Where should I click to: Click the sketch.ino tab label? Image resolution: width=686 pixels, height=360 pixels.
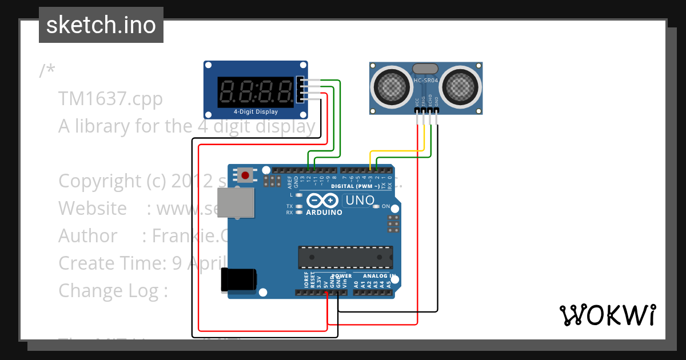coord(101,25)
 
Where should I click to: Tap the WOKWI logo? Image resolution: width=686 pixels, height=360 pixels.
coord(607,315)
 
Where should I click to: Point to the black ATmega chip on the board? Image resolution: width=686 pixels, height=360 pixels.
coord(345,257)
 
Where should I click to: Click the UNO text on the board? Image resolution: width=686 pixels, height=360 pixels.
coord(360,201)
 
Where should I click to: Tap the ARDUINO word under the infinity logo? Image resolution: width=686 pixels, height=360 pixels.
coord(324,213)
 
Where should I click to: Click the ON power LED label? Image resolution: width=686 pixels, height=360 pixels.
coord(386,206)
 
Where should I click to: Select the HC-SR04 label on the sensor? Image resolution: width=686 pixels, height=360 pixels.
coord(426,81)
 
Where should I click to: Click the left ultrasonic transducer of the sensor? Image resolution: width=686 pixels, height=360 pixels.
coord(392,86)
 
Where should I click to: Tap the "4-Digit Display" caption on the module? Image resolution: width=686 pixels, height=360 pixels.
coord(256,111)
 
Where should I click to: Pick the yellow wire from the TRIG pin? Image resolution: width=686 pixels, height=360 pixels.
coord(397,151)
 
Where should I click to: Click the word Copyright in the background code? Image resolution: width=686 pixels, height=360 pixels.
coord(100,181)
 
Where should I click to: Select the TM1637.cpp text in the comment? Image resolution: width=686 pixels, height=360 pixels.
coord(110,98)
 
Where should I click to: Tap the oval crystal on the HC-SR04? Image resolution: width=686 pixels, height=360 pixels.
coord(426,69)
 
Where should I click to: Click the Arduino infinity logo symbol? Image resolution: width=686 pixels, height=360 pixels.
coord(323,201)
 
